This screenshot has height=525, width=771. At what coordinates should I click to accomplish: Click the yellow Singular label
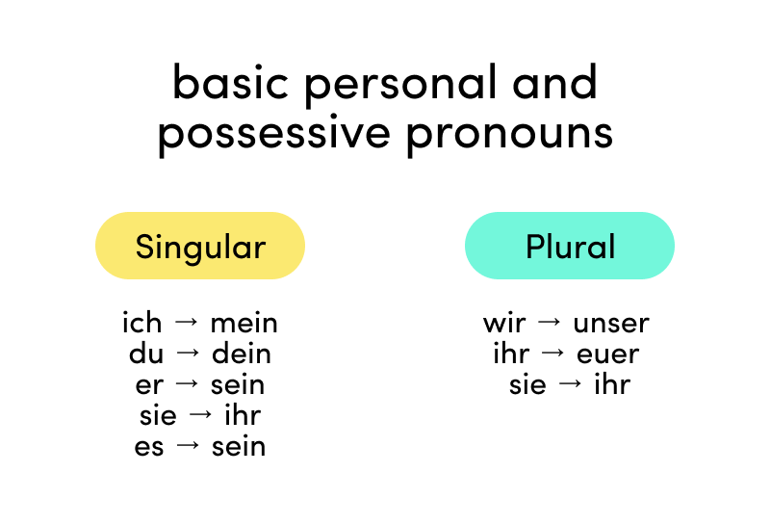(x=200, y=246)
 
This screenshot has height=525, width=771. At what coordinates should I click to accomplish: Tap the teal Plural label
(x=570, y=246)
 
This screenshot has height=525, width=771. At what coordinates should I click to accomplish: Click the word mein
(x=244, y=324)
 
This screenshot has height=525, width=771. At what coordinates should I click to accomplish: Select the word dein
(x=242, y=354)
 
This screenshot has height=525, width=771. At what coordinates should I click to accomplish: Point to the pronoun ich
(x=142, y=323)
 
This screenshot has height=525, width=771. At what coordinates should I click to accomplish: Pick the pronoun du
(x=146, y=354)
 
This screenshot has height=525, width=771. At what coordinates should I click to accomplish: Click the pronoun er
(x=149, y=385)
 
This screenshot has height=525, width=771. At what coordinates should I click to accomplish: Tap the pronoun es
(x=148, y=447)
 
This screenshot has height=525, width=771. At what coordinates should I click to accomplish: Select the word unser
(x=611, y=324)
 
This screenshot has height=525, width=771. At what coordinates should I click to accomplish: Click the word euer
(x=607, y=354)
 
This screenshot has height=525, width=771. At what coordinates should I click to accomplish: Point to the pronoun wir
(x=504, y=324)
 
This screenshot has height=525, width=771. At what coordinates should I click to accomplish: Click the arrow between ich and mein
(x=187, y=322)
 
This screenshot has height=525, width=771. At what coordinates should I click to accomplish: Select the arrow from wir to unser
(x=550, y=322)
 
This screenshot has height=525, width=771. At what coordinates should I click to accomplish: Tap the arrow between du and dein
(x=188, y=353)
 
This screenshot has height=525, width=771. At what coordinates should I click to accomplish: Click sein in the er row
(x=238, y=384)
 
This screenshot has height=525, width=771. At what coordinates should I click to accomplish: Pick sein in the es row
(x=239, y=447)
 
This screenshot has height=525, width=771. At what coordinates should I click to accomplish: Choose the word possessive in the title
(x=274, y=133)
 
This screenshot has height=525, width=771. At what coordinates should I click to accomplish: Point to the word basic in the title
(x=231, y=81)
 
